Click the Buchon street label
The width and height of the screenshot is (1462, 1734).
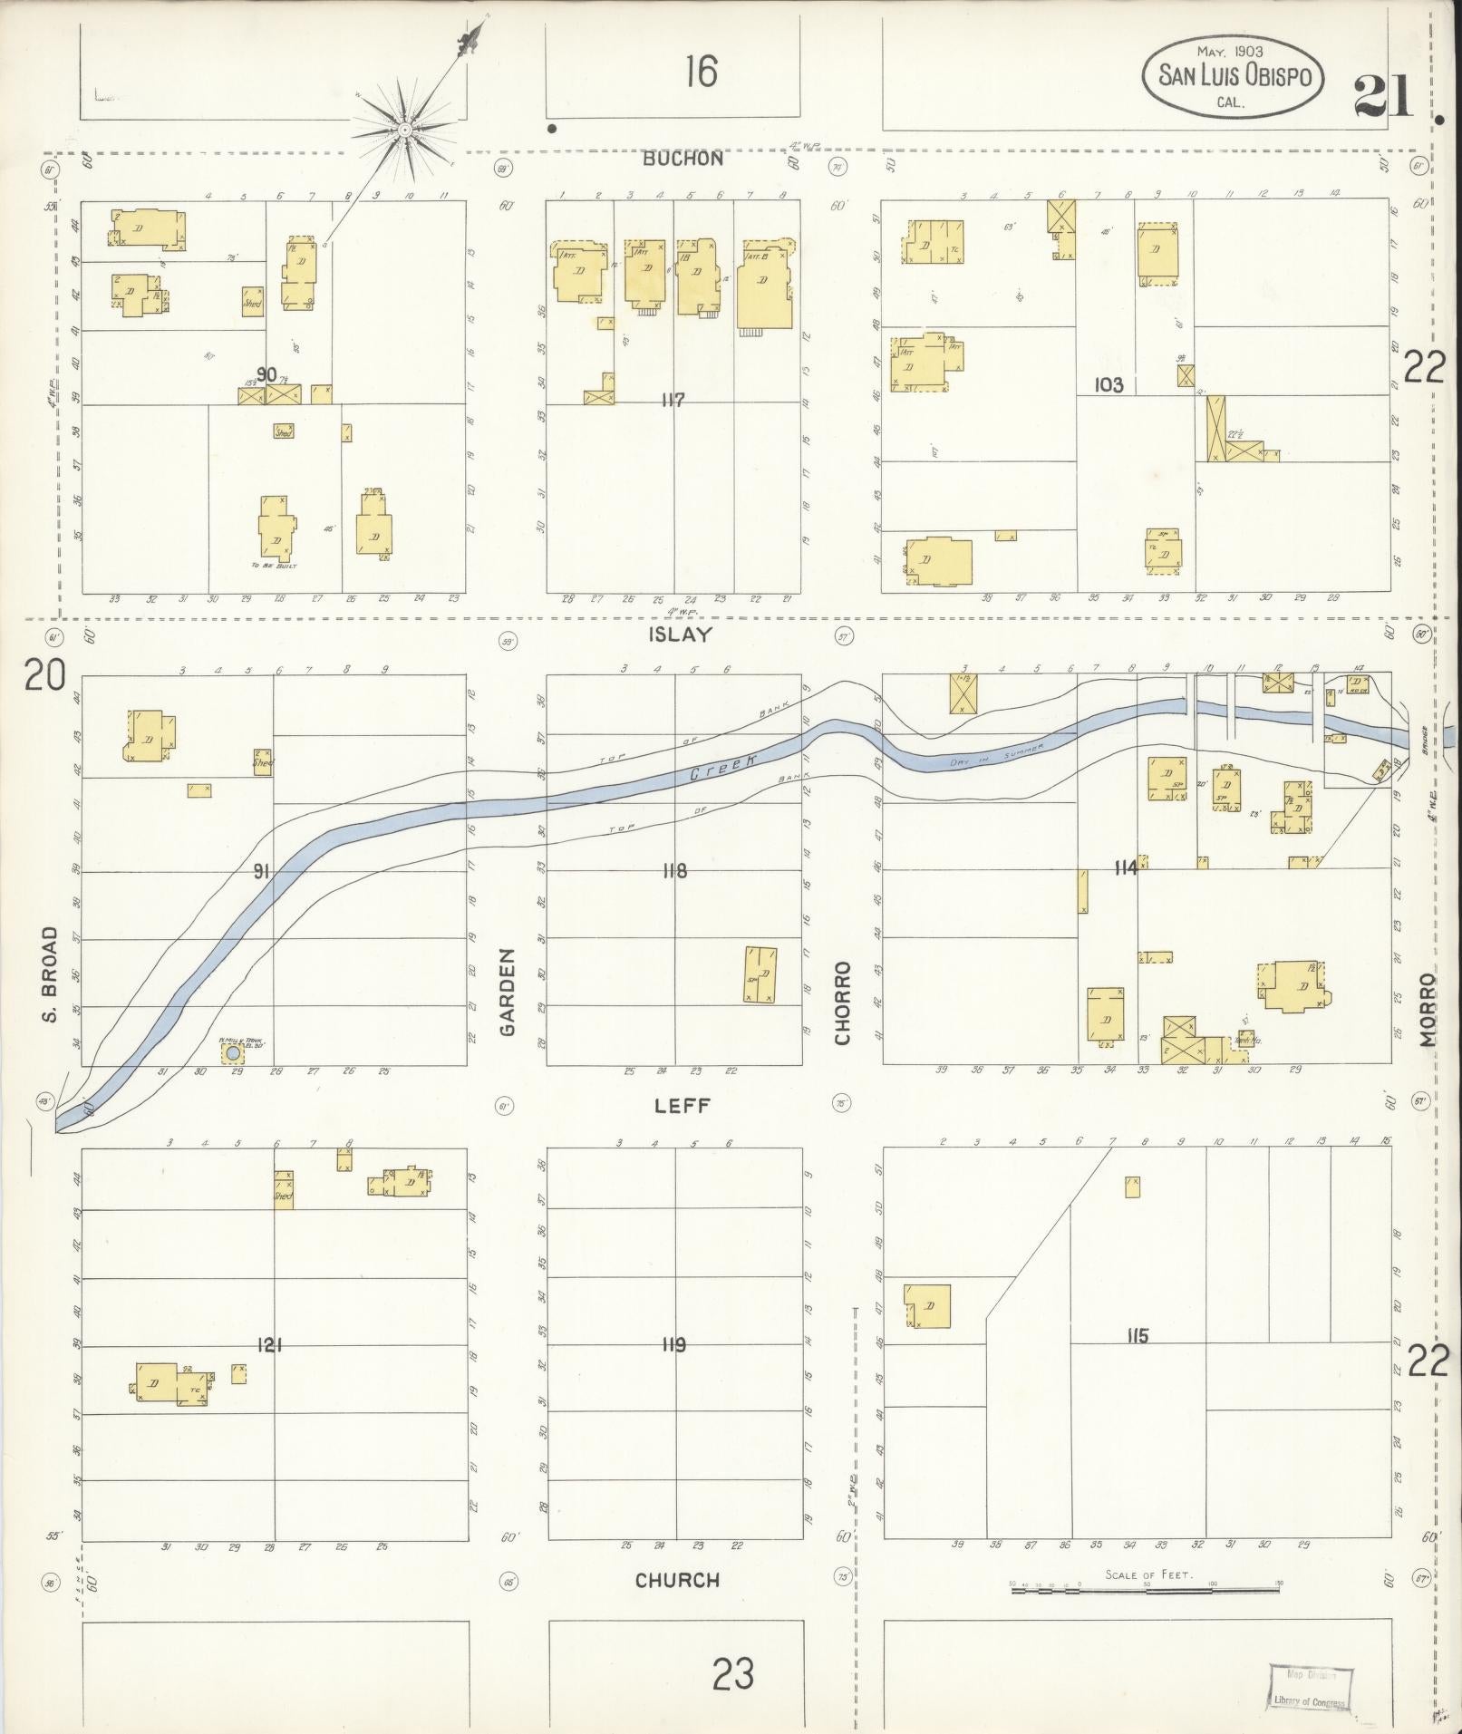[x=683, y=159]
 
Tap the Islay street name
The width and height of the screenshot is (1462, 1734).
[x=680, y=635]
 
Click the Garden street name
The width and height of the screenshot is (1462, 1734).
[x=507, y=993]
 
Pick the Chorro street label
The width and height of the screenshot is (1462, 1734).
[x=844, y=1003]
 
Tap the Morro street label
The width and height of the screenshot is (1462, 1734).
[x=1429, y=1010]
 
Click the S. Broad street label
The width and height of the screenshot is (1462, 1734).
[x=51, y=974]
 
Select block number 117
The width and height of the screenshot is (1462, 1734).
[x=673, y=400]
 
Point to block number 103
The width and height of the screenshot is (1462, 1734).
[x=1109, y=385]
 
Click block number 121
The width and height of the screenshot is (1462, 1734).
[x=269, y=1345]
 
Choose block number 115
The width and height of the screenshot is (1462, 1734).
[x=1138, y=1335]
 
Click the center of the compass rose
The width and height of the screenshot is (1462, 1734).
[x=404, y=132]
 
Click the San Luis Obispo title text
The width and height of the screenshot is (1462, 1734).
[x=1234, y=76]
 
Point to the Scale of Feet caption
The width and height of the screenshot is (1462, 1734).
[x=1148, y=1574]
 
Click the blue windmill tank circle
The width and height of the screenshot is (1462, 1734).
[x=233, y=1053]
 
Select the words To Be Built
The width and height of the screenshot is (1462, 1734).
[x=274, y=565]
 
